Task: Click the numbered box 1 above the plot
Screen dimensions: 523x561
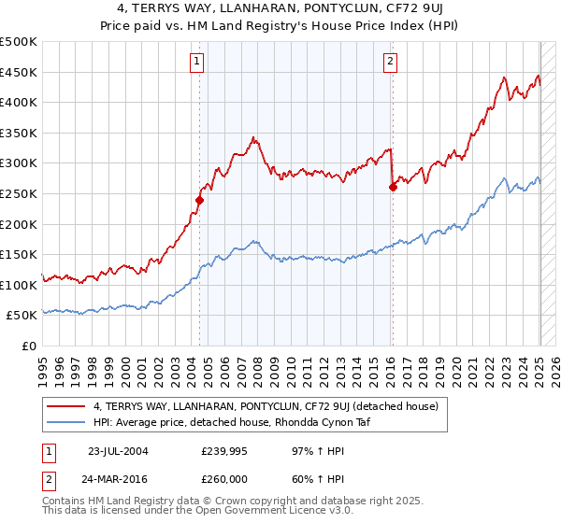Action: point(198,63)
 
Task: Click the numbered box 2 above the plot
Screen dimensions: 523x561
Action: point(390,63)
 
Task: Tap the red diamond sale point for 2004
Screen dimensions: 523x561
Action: point(200,200)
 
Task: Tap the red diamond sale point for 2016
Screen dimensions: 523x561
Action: point(393,187)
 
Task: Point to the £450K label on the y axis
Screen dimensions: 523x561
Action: point(19,72)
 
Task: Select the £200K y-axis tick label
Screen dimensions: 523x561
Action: point(19,224)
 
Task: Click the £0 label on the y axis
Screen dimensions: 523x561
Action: point(30,346)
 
